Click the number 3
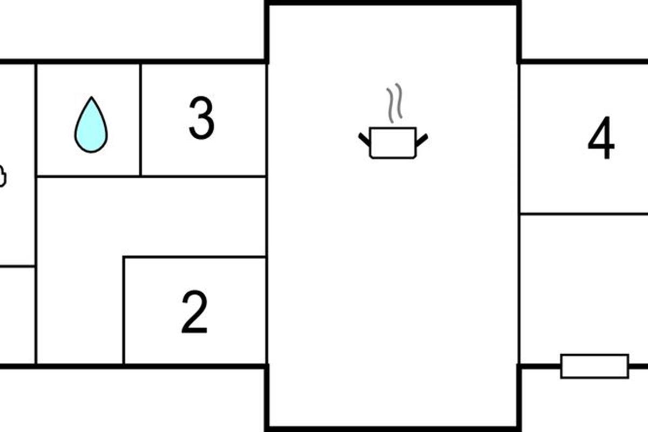click(201, 119)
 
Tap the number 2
click(194, 312)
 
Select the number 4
click(601, 139)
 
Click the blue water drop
click(91, 126)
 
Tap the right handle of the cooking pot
click(422, 140)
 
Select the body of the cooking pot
click(393, 143)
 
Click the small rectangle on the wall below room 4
click(595, 366)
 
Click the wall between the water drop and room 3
click(140, 119)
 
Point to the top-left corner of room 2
click(124, 258)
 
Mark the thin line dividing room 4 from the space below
click(583, 214)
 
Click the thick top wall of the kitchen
click(393, 3)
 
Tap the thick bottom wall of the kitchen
click(393, 428)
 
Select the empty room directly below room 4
click(583, 286)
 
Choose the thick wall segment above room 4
click(583, 61)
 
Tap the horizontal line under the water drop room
click(88, 176)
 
